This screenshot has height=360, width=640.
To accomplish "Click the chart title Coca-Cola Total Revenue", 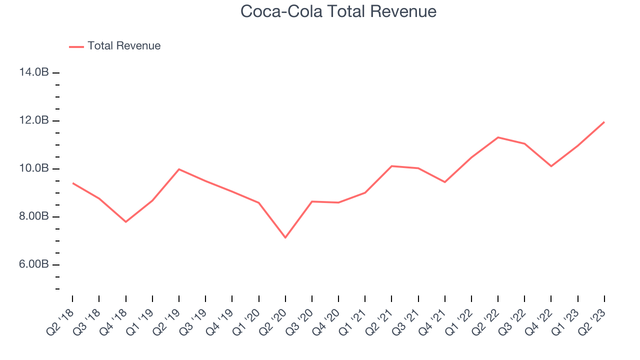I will [338, 11].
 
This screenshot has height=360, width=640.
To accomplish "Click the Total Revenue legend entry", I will [123, 46].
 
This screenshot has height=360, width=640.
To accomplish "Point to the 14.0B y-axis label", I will [34, 72].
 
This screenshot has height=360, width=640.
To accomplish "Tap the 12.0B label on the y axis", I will [34, 120].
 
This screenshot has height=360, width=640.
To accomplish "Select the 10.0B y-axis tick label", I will [34, 168].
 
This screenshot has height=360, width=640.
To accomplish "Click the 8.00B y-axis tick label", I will [34, 216].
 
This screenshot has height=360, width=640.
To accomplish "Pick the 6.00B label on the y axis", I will [34, 264].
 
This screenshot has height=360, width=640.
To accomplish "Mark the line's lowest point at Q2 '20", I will [285, 237].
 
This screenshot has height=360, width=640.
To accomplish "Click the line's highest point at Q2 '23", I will [604, 122].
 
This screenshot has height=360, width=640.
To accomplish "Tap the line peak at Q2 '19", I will [179, 169].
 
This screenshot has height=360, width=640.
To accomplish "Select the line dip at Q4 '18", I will [125, 221].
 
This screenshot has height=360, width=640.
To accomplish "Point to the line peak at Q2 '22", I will [498, 137].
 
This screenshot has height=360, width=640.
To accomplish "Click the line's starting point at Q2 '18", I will [72, 183].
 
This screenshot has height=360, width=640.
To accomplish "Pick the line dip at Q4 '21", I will [444, 182].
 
